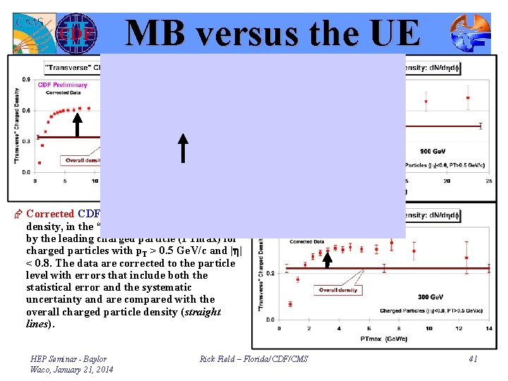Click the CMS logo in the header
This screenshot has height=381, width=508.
click(x=31, y=32)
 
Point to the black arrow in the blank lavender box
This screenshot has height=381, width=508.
click(x=183, y=147)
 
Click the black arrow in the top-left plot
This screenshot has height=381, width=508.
click(x=78, y=128)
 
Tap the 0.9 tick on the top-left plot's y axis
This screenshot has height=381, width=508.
click(x=26, y=80)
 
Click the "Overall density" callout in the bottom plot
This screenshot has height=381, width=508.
click(x=338, y=290)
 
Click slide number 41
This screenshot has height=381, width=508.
click(x=473, y=359)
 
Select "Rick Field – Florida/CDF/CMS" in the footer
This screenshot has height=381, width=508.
click(x=254, y=359)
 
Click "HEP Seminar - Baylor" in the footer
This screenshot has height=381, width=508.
click(x=68, y=359)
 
